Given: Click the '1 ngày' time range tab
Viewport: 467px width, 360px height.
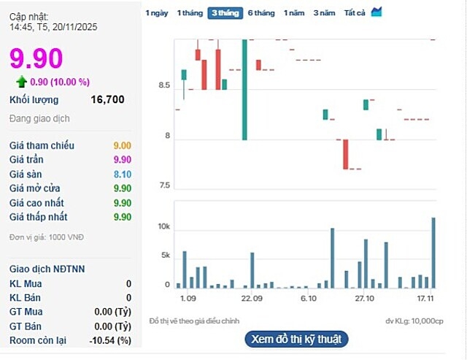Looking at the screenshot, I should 157,13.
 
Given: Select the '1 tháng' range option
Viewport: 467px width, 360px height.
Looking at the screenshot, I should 190,13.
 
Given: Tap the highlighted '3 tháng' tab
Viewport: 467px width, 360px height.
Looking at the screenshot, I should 225,13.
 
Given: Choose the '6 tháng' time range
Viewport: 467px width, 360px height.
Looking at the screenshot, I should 261,13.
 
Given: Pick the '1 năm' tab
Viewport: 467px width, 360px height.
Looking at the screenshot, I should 294,13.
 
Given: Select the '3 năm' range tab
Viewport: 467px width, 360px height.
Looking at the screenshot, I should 324,13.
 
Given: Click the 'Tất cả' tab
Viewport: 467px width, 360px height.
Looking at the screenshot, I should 355,13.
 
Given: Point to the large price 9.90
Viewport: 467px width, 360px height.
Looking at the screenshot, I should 36,58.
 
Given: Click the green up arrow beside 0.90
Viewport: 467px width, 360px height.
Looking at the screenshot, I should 22,82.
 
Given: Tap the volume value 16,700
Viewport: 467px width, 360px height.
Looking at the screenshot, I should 107,100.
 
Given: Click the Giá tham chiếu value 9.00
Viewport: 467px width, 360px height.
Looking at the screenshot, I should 122,146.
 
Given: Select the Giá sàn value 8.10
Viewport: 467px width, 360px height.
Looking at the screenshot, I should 122,175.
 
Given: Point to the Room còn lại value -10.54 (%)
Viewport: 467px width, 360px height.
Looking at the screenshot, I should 109,340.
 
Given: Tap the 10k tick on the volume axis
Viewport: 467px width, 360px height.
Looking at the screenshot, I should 163,228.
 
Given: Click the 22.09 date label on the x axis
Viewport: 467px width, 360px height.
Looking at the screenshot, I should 252,299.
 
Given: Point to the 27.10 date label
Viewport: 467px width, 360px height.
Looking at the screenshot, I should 364,299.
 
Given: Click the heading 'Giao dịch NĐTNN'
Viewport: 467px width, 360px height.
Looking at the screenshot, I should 47,269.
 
